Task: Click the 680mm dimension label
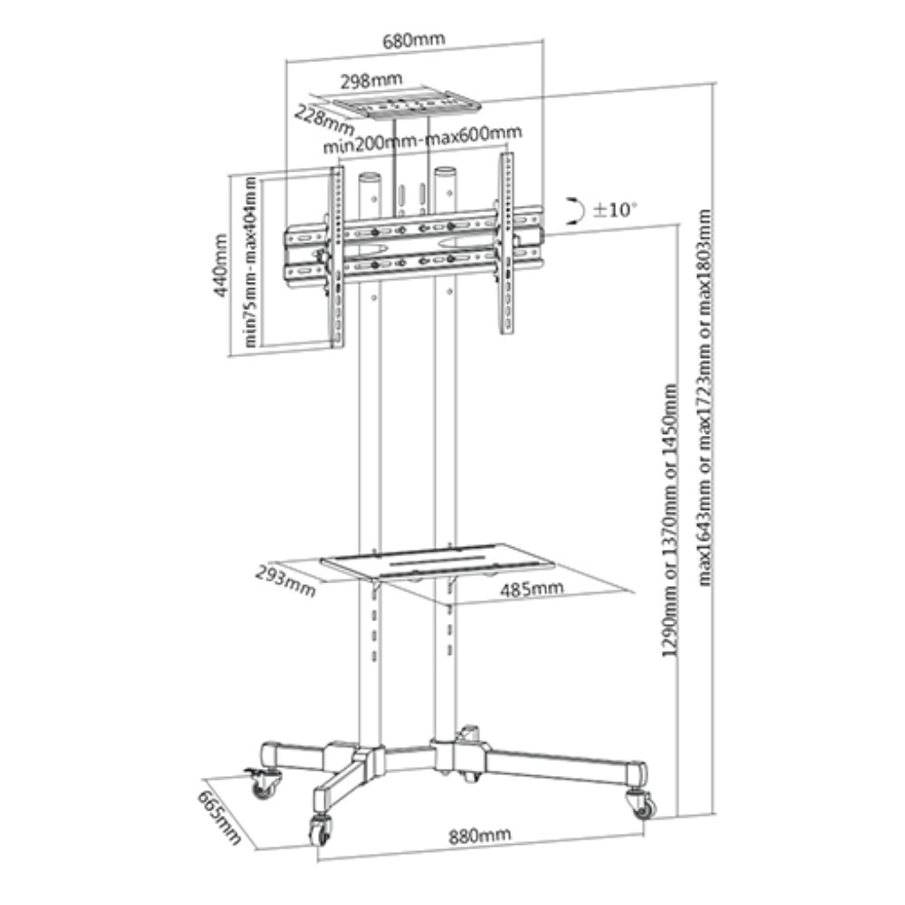coord(414,40)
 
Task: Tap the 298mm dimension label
coord(370,80)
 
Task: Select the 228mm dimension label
coord(324,119)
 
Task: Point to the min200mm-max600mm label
coord(422,140)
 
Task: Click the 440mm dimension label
coord(220,265)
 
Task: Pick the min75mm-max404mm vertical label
coord(250,262)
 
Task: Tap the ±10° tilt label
coord(615,209)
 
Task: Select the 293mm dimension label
coord(285,581)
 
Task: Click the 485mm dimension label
coord(531,589)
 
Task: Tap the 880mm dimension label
coord(480,835)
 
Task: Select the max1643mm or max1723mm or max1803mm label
coord(704,398)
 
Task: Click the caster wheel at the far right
coord(642,802)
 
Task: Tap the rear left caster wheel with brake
coord(263,783)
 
